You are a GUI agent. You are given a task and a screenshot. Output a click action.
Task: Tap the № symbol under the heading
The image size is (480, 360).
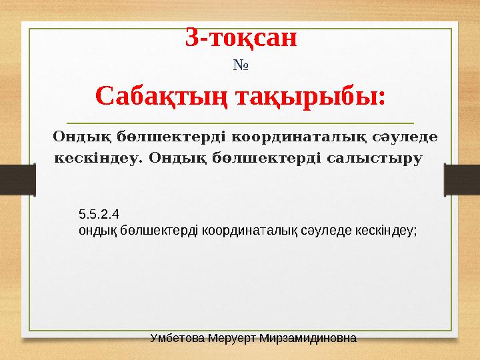pyautogui.click(x=240, y=66)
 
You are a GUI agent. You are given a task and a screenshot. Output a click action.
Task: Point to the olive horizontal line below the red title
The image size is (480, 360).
pyautogui.click(x=240, y=123)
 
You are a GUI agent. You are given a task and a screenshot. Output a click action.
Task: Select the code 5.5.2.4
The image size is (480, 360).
pyautogui.click(x=99, y=215)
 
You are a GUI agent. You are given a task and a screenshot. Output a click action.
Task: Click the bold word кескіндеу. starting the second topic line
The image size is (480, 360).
pyautogui.click(x=97, y=159)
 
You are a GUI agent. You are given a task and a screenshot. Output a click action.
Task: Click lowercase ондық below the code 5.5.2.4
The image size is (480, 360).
pyautogui.click(x=95, y=229)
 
